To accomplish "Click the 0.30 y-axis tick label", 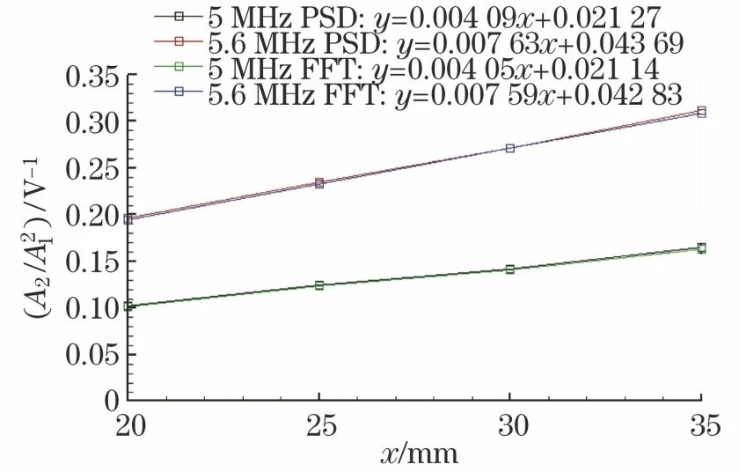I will click(x=84, y=121).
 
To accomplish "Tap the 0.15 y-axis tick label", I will click(x=84, y=261).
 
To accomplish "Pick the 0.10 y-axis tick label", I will click(x=84, y=307).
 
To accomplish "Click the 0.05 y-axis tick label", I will click(x=84, y=354).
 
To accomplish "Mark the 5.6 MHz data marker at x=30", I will click(x=510, y=148).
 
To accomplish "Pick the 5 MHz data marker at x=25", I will click(x=319, y=285).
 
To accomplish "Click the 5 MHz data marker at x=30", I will click(x=510, y=269).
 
